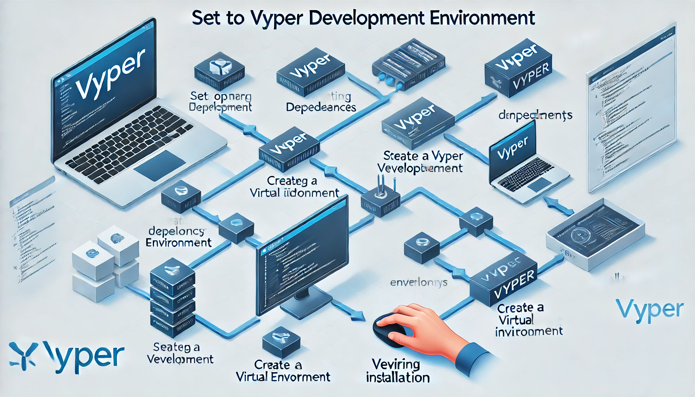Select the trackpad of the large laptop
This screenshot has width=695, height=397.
coord(159,165)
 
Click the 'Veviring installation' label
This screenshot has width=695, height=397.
coord(398,371)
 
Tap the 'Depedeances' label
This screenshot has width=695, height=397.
coord(321,107)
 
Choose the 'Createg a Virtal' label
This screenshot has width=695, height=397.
coord(294,187)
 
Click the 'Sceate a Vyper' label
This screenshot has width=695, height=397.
coord(421,162)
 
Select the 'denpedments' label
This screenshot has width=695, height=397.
coord(535,115)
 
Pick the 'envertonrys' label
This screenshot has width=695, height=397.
coord(418,283)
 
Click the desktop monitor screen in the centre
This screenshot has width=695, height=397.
coord(303,256)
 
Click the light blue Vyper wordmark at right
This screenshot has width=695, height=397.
coord(649,310)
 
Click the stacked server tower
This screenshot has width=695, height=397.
coord(172,300)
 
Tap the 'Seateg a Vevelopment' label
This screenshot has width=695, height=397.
coord(180,353)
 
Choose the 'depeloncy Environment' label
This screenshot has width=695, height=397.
coord(178,237)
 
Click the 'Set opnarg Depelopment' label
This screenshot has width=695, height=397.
coord(220,102)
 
